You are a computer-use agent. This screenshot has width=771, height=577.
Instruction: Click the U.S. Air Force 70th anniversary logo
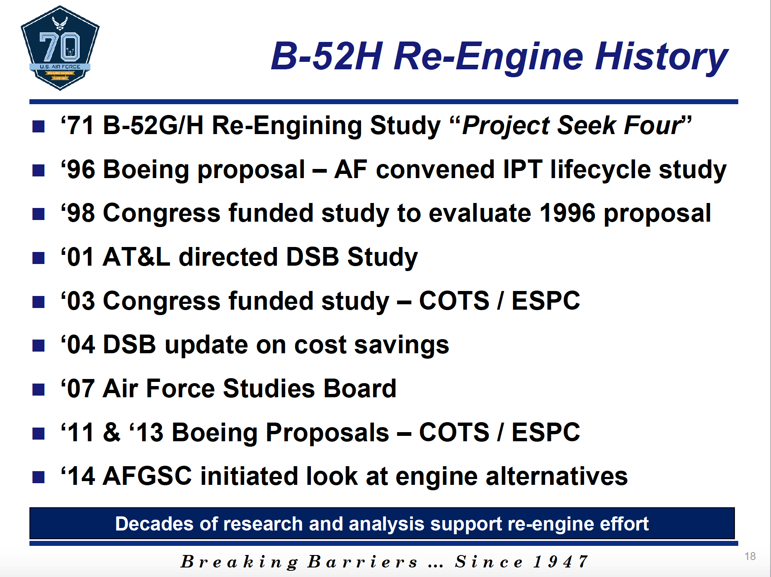click(60, 48)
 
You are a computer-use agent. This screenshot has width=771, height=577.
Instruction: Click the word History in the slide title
click(661, 57)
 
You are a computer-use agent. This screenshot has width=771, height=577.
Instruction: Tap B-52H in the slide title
click(327, 56)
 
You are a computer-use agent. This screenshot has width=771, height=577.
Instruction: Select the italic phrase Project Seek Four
click(572, 125)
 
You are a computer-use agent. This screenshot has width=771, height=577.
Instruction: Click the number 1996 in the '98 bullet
click(567, 213)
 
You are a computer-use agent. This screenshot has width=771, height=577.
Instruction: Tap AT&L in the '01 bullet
click(136, 257)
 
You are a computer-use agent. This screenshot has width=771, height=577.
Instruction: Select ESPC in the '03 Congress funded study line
click(546, 301)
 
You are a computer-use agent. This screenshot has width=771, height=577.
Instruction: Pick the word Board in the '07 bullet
click(359, 389)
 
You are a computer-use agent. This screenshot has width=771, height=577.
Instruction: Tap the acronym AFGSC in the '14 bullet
click(147, 476)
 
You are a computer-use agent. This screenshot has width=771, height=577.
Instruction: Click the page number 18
click(750, 556)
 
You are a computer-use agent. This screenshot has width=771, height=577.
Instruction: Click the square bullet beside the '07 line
click(39, 389)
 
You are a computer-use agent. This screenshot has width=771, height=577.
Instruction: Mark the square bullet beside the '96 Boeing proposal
click(39, 170)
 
